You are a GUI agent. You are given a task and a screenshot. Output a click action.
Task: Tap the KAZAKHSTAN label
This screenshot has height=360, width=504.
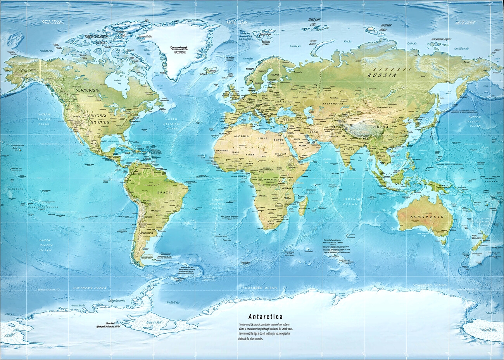click(331, 104)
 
